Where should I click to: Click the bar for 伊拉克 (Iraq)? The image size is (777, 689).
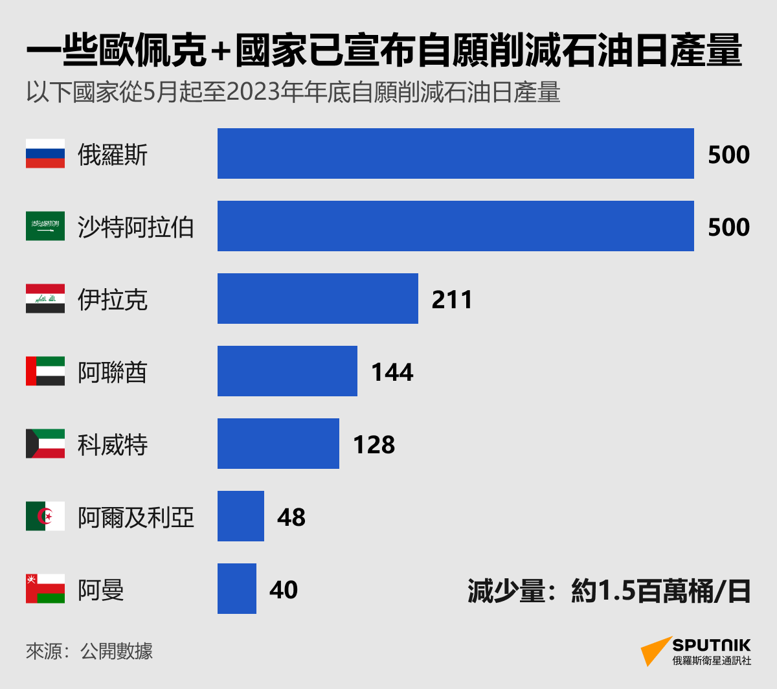tap(317, 299)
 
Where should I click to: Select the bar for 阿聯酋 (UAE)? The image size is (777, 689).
tap(287, 371)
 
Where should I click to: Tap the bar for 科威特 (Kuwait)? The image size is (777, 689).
tap(278, 444)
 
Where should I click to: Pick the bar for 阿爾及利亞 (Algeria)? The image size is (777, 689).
tap(240, 516)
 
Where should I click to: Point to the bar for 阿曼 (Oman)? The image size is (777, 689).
tap(236, 589)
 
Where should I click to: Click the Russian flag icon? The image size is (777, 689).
tap(45, 153)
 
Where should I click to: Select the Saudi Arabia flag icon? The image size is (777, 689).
tap(45, 226)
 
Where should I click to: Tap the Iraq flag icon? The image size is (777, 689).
tap(45, 299)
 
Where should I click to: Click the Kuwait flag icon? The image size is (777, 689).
tap(45, 444)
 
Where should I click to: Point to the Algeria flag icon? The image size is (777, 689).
tap(45, 516)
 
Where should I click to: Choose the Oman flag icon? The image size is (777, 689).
tap(45, 589)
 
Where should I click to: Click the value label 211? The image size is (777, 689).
tap(452, 300)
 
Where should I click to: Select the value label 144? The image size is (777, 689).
tap(392, 372)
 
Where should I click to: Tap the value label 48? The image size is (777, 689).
tap(291, 517)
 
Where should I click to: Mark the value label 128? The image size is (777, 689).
tap(374, 445)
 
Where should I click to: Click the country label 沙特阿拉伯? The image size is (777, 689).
tap(136, 227)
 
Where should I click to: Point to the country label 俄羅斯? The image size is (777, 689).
tap(113, 155)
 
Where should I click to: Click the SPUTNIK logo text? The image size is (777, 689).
tap(711, 645)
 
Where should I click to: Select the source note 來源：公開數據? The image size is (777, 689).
tap(89, 651)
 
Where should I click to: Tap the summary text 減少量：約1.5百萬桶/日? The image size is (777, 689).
tap(609, 591)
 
